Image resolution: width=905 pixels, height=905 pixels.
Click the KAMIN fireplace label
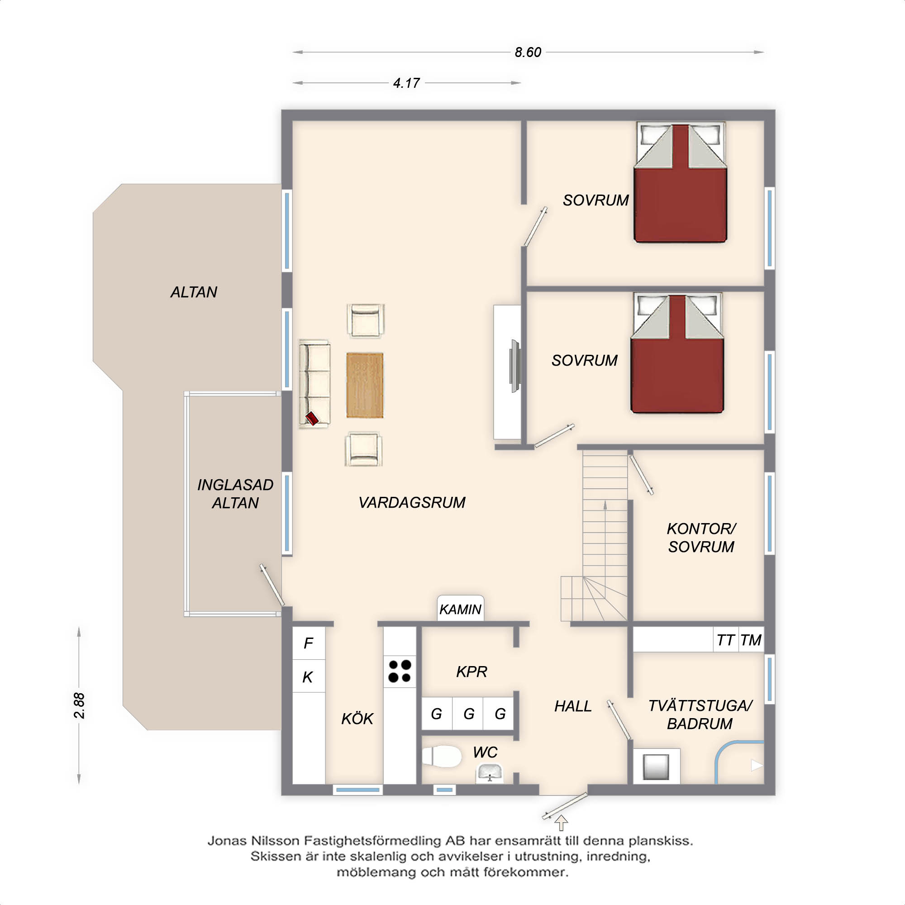[460, 610]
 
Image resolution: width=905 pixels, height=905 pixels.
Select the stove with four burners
[400, 671]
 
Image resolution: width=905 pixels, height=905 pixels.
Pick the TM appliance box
[751, 640]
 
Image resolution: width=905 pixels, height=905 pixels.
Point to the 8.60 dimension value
[528, 52]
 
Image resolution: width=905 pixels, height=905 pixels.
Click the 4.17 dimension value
[406, 83]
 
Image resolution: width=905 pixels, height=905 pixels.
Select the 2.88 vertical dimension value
[79, 705]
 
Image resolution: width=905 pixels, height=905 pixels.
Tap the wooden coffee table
[364, 385]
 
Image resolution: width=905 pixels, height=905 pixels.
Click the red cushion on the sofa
[312, 418]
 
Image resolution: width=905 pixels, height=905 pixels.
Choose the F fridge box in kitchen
[308, 643]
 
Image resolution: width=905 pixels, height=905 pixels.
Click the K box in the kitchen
[308, 676]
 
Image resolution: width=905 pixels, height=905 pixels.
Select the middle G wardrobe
[468, 714]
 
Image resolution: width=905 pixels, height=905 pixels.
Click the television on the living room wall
[515, 366]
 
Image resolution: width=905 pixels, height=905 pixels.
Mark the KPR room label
[472, 672]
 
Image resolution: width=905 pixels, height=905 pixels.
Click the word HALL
[573, 706]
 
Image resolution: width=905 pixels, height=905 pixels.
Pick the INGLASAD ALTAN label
[235, 494]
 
